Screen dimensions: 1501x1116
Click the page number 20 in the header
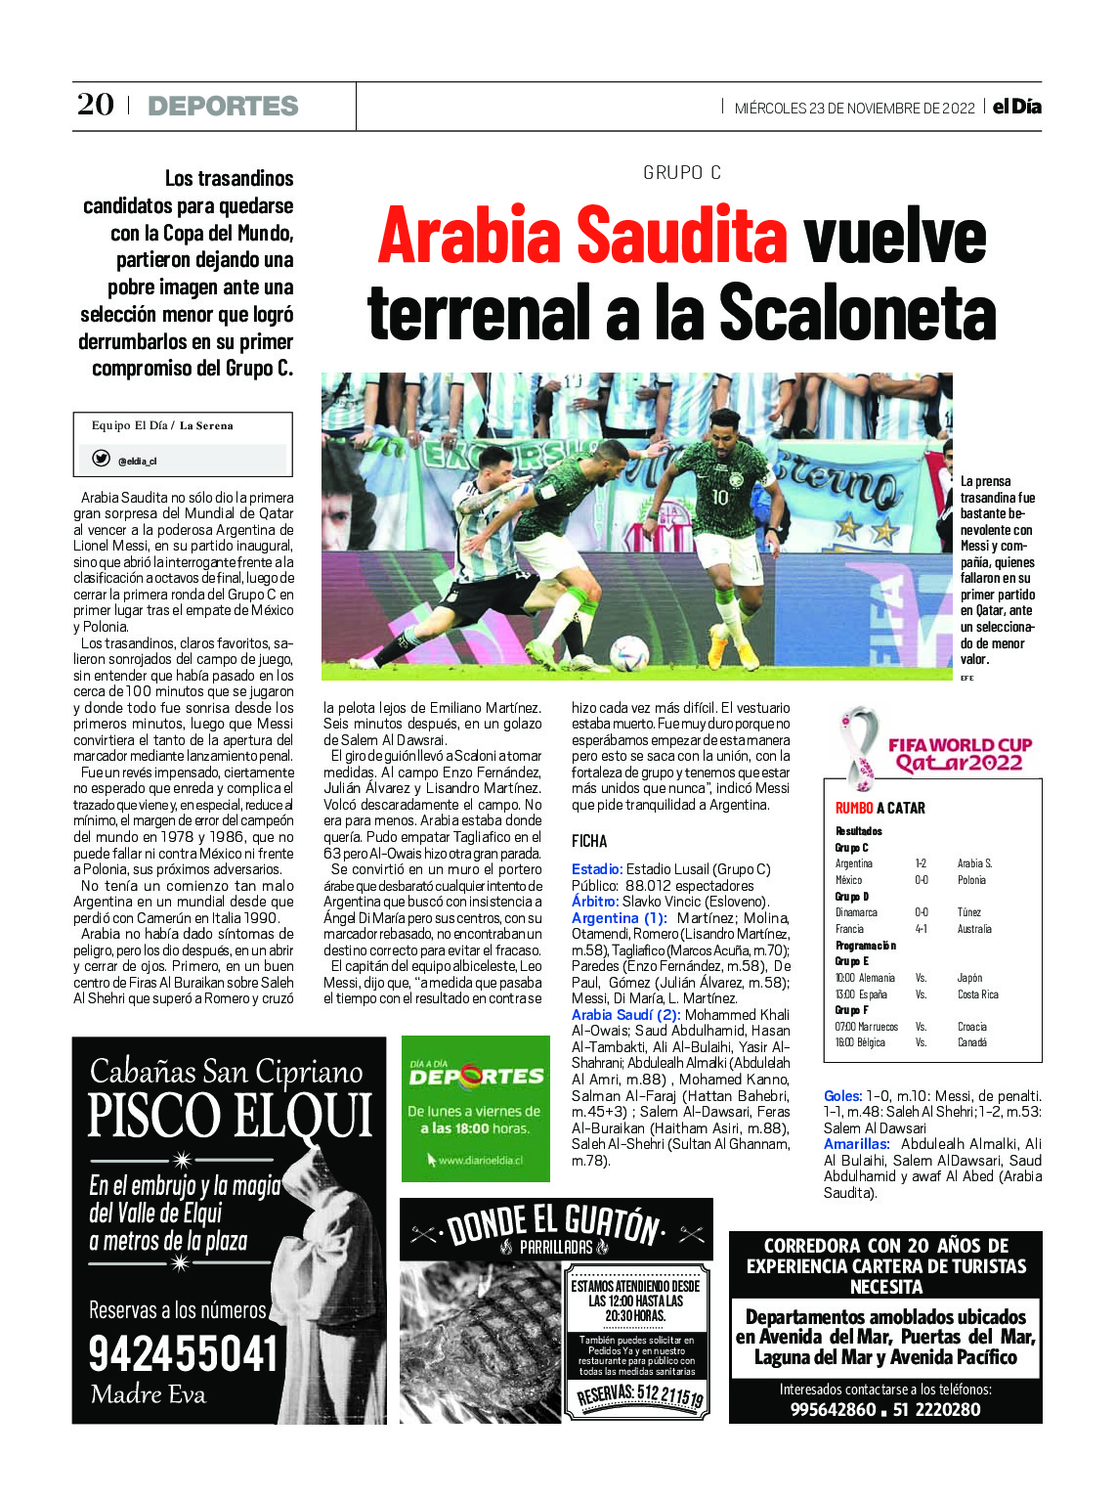[x=95, y=105]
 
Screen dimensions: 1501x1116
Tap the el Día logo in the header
[x=1016, y=107]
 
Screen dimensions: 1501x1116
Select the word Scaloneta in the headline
[x=858, y=315]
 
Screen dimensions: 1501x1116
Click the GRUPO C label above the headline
[x=682, y=173]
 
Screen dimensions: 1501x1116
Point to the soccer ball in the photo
[x=628, y=652]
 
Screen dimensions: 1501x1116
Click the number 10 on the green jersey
[x=719, y=498]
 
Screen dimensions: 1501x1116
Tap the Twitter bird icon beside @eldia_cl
[x=101, y=459]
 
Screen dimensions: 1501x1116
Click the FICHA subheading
[x=589, y=841]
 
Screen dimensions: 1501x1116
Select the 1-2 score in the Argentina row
[x=921, y=863]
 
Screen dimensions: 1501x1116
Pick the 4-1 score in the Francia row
[x=921, y=929]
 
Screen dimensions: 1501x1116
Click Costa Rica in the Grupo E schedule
[x=978, y=994]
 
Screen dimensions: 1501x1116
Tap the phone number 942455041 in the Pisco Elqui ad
[x=184, y=1354]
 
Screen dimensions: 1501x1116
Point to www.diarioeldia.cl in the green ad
[x=481, y=1161]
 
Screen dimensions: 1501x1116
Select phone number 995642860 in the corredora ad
[x=833, y=1409]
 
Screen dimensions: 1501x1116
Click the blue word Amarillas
[x=856, y=1144]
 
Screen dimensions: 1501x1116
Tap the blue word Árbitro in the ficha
[x=594, y=902]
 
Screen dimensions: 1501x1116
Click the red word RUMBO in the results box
[x=853, y=808]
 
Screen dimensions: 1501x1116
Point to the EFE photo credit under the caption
[x=966, y=678]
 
